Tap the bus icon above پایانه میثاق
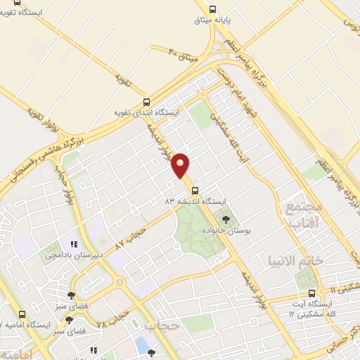coord(212,9)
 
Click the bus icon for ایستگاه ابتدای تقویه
coord(146,101)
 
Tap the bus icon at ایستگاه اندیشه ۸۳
coord(195,190)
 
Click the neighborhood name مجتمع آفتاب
coord(303,215)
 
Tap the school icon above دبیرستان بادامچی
coord(74,244)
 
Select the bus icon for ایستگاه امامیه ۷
coord(22,314)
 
